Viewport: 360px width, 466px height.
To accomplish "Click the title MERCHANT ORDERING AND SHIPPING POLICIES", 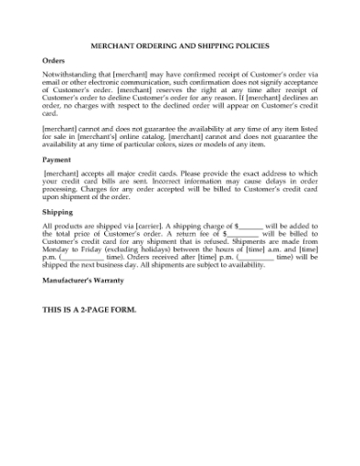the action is pos(180,45).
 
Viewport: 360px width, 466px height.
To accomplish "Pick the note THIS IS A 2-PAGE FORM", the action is pos(90,310).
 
